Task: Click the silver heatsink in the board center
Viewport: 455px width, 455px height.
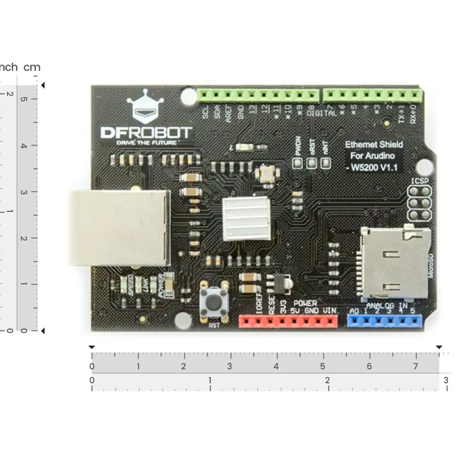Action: coord(246,219)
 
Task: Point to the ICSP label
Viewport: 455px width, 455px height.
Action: coord(420,181)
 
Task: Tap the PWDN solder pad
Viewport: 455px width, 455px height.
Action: coord(298,162)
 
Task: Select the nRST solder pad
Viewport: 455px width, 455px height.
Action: coord(312,162)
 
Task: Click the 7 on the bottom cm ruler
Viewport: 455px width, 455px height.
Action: coord(415,367)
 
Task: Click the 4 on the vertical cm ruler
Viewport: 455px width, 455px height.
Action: coord(23,146)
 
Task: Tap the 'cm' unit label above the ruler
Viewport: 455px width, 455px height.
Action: coord(32,67)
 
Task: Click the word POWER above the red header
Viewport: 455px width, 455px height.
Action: coord(305,303)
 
